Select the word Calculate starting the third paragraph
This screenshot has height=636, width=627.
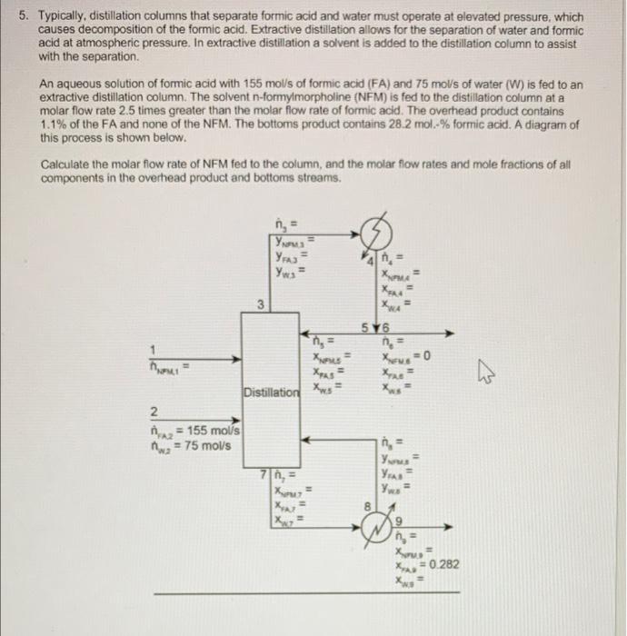point(67,165)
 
